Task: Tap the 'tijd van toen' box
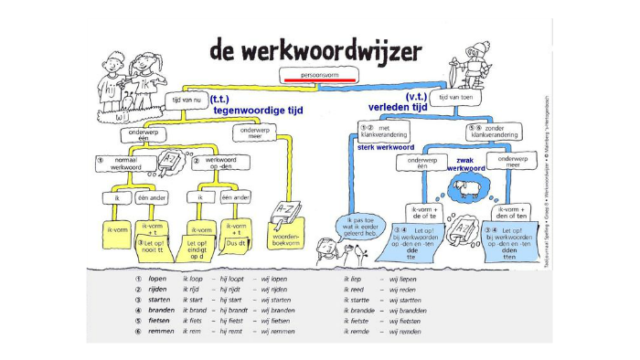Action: pos(457,96)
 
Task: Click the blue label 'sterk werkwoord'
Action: pos(386,146)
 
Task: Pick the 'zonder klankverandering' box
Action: pos(497,132)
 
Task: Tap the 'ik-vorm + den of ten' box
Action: pos(507,212)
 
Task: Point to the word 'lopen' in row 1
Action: pos(157,278)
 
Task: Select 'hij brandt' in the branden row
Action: pos(234,310)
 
